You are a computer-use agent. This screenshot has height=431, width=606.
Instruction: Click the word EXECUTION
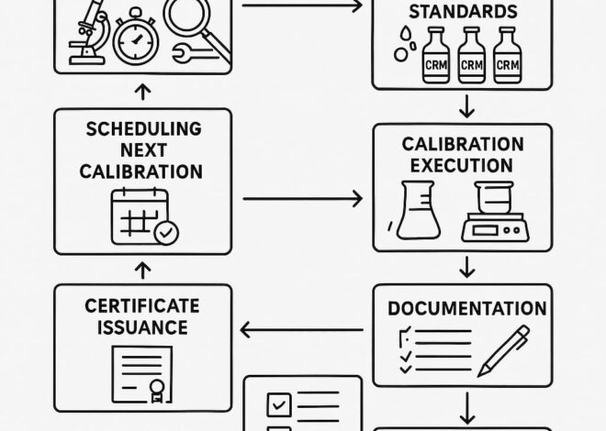pos(463,166)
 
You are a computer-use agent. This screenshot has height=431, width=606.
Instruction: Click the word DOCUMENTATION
pos(466,308)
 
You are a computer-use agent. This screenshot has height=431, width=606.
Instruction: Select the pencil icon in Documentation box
pos(511,351)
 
